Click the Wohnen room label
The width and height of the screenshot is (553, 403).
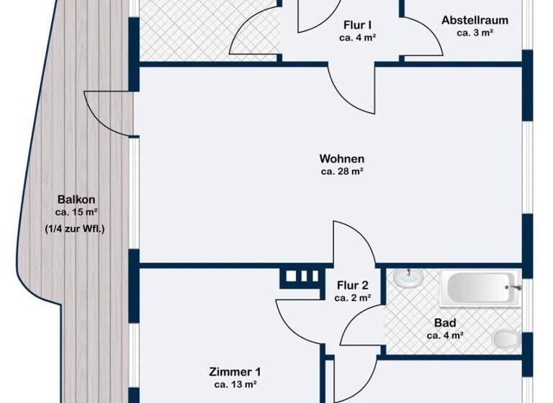[342, 158]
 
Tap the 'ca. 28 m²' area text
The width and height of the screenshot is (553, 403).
[342, 171]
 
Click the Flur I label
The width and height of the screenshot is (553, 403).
[358, 23]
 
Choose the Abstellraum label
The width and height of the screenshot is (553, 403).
[475, 20]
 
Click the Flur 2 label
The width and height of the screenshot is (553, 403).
[353, 283]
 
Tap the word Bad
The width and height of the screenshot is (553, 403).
[444, 322]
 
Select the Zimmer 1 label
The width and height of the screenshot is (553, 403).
[235, 372]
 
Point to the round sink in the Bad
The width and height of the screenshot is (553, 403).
[408, 277]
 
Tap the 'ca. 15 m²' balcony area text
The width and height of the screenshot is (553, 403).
[76, 212]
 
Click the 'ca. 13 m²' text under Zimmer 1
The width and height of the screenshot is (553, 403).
[235, 385]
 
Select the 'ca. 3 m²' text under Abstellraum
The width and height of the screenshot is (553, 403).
[475, 33]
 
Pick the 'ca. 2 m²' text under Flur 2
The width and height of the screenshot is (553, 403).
[353, 296]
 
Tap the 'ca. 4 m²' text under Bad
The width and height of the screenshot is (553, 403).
[444, 335]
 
